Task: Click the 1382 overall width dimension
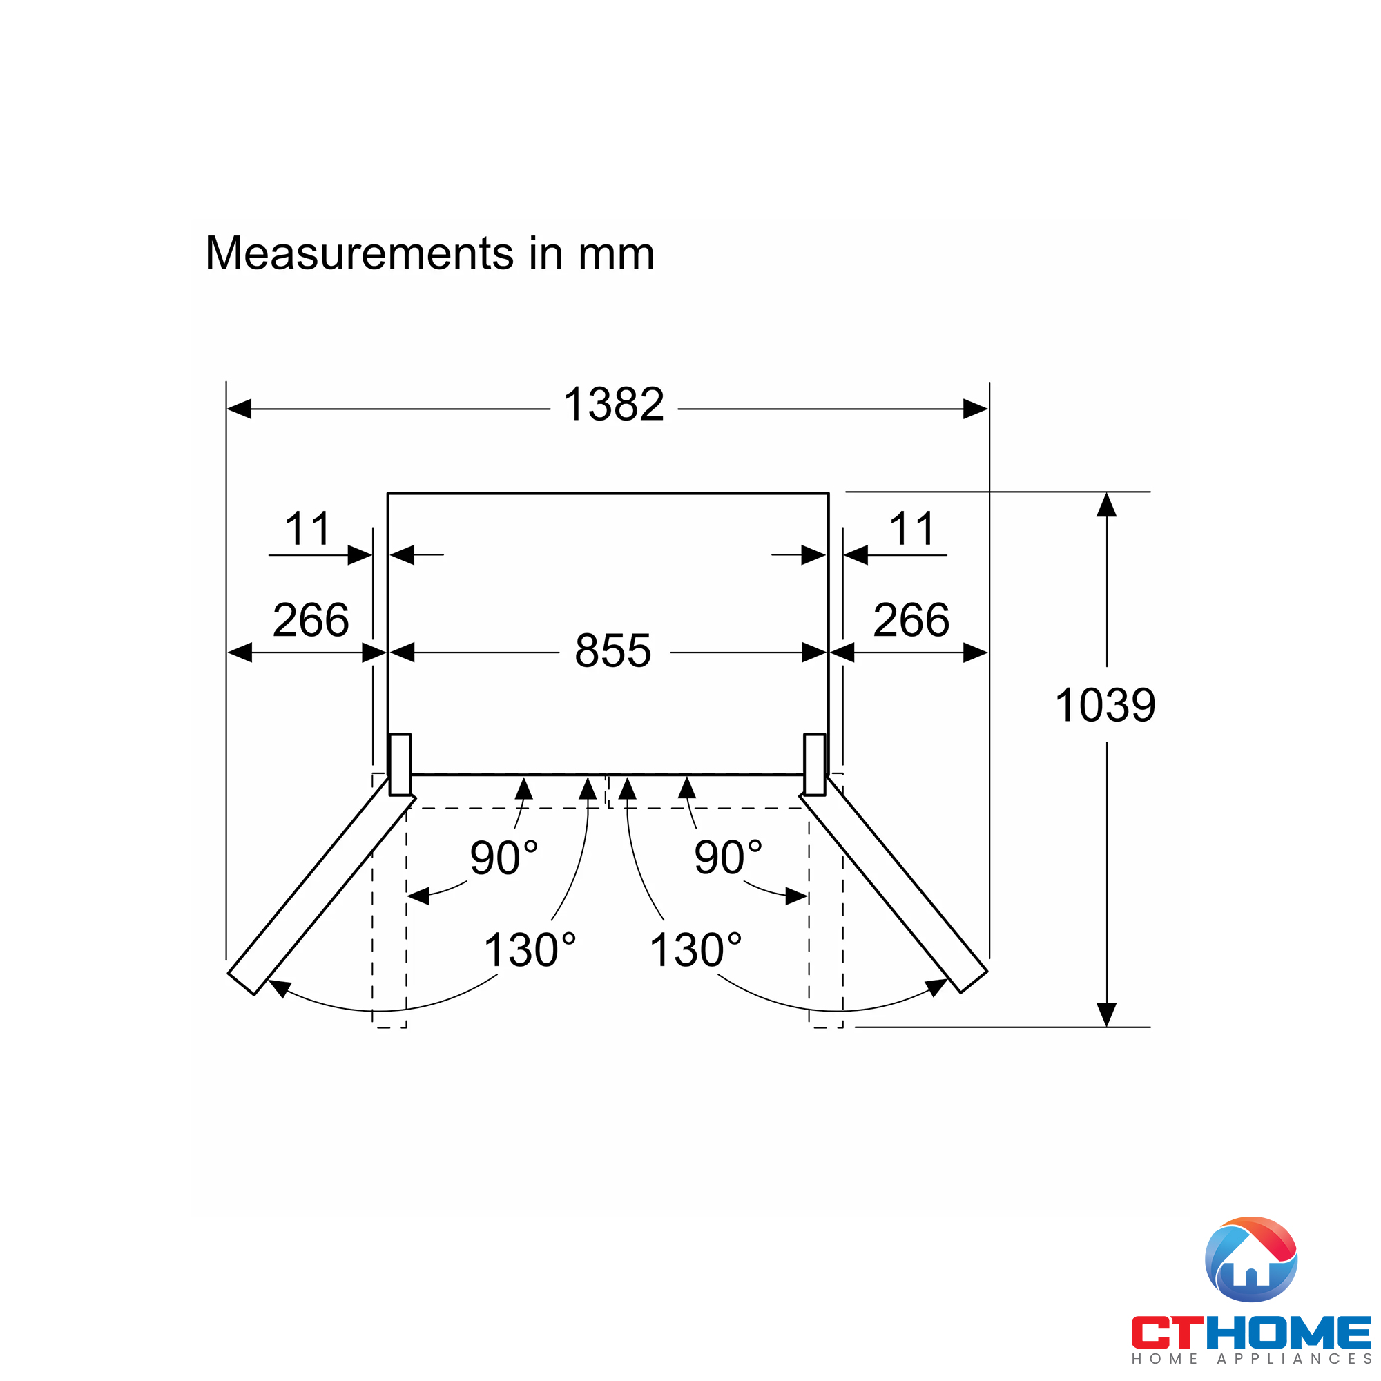tap(613, 405)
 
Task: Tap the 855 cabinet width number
tap(612, 650)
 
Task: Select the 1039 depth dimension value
tap(1105, 706)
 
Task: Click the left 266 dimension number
tap(311, 620)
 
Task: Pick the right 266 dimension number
tap(911, 620)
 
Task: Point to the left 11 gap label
tap(307, 529)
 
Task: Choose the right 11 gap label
tap(911, 529)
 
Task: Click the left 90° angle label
tap(503, 858)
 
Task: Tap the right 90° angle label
tap(728, 858)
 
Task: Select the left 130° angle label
tap(530, 950)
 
